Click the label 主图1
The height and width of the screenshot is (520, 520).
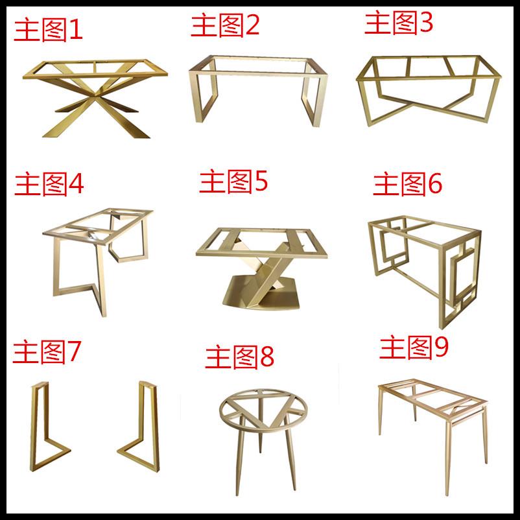(x=49, y=30)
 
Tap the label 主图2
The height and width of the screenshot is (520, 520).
(x=225, y=25)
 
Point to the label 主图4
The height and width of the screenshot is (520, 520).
(x=49, y=185)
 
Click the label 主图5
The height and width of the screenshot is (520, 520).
(x=233, y=182)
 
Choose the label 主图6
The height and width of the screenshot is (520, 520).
(x=407, y=185)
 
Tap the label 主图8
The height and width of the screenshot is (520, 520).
(x=240, y=357)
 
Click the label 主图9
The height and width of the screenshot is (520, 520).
(x=414, y=348)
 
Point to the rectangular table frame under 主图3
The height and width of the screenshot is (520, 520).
(x=428, y=91)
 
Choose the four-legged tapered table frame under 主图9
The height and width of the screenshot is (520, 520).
(x=431, y=428)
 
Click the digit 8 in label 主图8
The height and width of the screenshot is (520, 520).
(x=266, y=357)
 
